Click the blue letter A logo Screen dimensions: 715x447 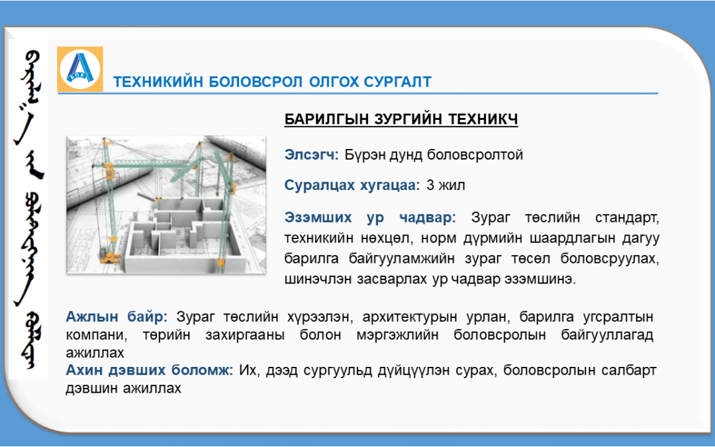point(80,68)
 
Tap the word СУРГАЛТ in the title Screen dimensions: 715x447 point(398,81)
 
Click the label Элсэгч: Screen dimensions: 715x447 point(311,154)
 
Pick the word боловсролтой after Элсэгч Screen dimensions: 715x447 point(475,155)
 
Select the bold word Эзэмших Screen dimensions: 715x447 point(318,218)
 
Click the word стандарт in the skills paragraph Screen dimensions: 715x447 point(626,218)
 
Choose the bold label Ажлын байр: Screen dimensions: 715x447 point(117,316)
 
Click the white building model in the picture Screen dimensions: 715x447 point(183,232)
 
